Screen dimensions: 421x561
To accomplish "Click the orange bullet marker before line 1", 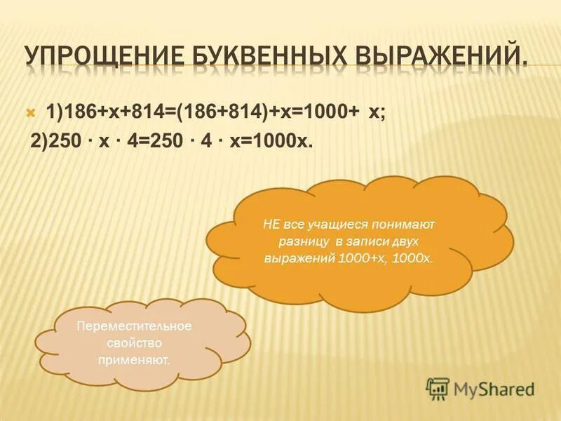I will [30, 112].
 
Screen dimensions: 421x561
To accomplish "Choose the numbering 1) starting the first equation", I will [54, 112].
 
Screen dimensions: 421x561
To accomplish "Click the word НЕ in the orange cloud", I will [271, 225].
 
